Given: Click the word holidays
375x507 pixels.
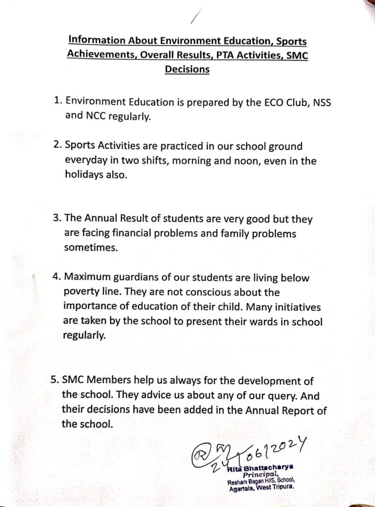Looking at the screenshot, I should click(84, 176).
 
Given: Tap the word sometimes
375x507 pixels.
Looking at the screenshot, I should click(91, 248).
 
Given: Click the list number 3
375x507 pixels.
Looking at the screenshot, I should click(56, 219).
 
